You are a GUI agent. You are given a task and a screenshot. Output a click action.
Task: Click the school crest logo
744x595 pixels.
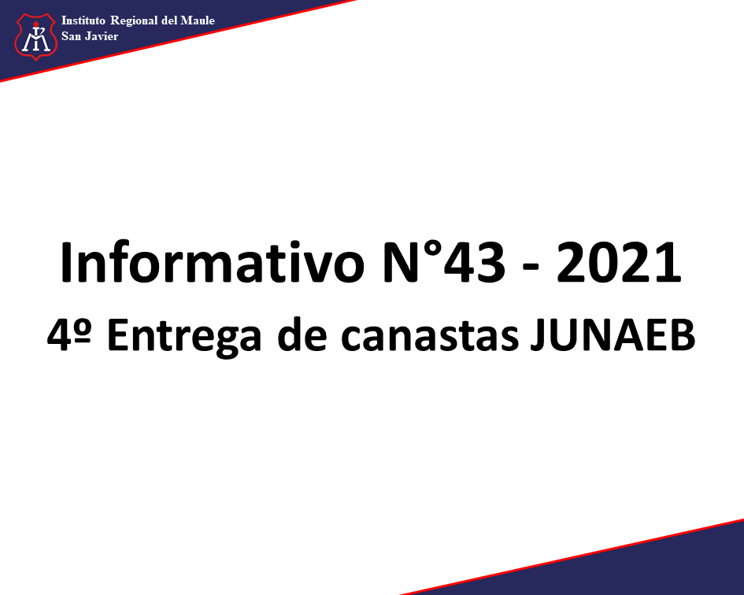(36, 37)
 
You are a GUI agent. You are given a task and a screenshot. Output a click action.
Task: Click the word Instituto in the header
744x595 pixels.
(83, 20)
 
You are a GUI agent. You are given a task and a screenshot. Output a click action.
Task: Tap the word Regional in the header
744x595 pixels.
(135, 21)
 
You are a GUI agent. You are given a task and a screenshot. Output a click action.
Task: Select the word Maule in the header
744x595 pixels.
(198, 20)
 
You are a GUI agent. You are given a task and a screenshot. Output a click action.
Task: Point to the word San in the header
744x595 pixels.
(71, 36)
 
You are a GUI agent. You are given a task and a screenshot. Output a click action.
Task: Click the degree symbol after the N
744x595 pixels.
(431, 251)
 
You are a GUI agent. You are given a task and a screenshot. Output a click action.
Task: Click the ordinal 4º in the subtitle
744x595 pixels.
(69, 334)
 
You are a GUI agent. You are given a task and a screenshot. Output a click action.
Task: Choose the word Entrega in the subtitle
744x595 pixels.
(184, 337)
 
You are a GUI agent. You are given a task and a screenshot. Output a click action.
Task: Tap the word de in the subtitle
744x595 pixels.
(302, 334)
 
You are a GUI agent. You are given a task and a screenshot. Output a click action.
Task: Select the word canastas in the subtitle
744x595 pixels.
(430, 336)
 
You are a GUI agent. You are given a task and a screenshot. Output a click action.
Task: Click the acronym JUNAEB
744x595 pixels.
(613, 335)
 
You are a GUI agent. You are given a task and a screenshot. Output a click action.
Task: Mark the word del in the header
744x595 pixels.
(169, 20)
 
